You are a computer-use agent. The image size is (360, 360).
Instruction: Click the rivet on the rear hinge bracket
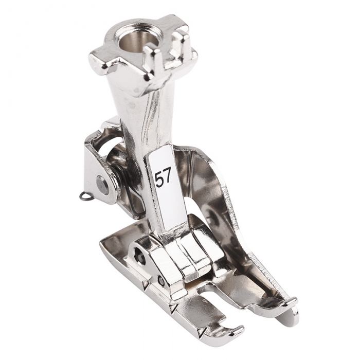(101, 181)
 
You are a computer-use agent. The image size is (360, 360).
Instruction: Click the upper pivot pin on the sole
(139, 251)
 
